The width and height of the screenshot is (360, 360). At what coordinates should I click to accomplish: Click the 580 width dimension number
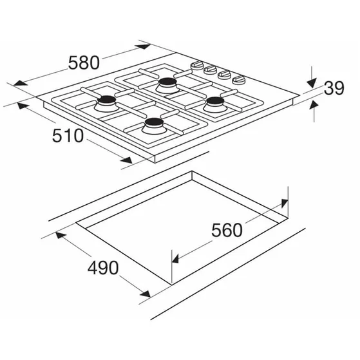coord(84,62)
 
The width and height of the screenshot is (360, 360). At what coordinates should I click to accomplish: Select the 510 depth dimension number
coord(68,135)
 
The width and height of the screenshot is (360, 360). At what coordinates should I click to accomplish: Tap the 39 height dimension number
coord(334,88)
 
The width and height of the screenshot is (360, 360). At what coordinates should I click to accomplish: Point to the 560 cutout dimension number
coord(227,230)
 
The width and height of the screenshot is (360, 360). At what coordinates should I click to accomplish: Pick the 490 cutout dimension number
coord(103,268)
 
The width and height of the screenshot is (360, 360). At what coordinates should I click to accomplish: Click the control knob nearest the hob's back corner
coord(197,65)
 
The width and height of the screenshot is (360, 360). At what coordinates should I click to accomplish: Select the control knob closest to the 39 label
coord(239,80)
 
